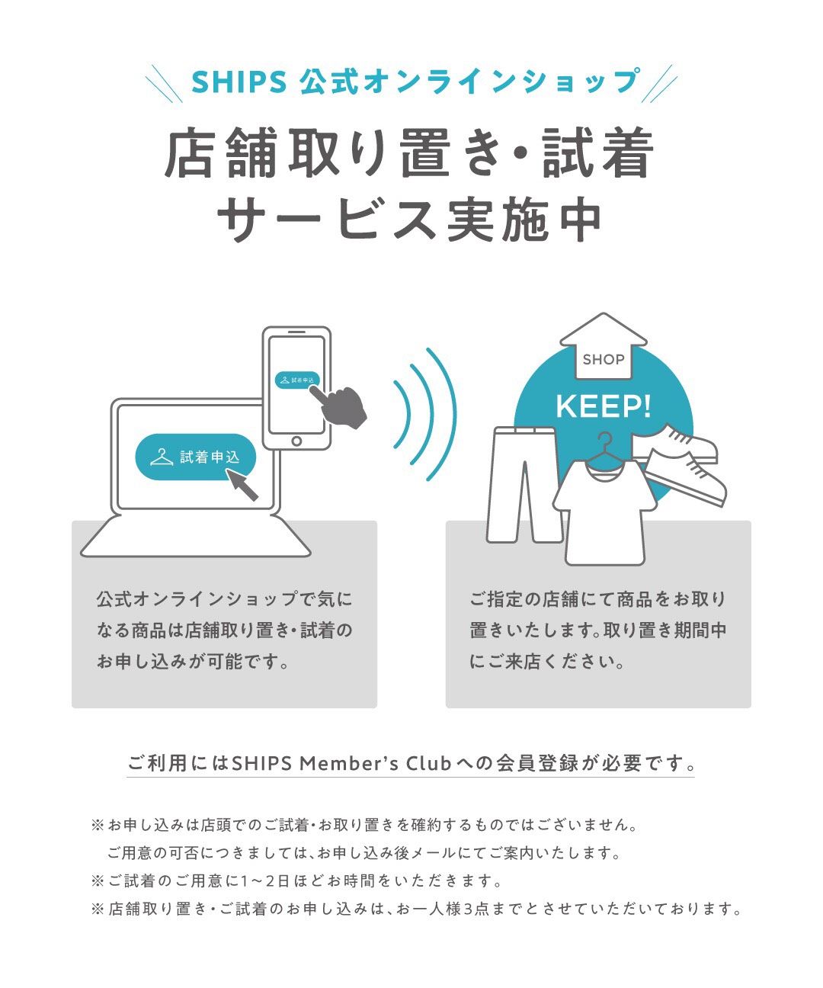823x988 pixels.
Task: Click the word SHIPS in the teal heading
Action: [x=239, y=82]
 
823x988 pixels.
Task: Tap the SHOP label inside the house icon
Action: [x=603, y=360]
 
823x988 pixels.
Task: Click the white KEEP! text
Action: [x=603, y=406]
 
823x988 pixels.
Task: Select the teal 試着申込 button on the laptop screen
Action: [x=195, y=457]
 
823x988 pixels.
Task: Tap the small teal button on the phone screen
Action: [x=297, y=380]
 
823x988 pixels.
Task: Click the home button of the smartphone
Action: [x=296, y=441]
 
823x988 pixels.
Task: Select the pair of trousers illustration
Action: [x=524, y=484]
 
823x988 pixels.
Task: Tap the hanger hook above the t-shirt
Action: [x=604, y=438]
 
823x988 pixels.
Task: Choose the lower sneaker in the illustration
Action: [x=686, y=478]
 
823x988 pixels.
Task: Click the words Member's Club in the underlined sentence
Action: [x=375, y=763]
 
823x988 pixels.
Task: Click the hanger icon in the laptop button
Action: [x=162, y=457]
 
